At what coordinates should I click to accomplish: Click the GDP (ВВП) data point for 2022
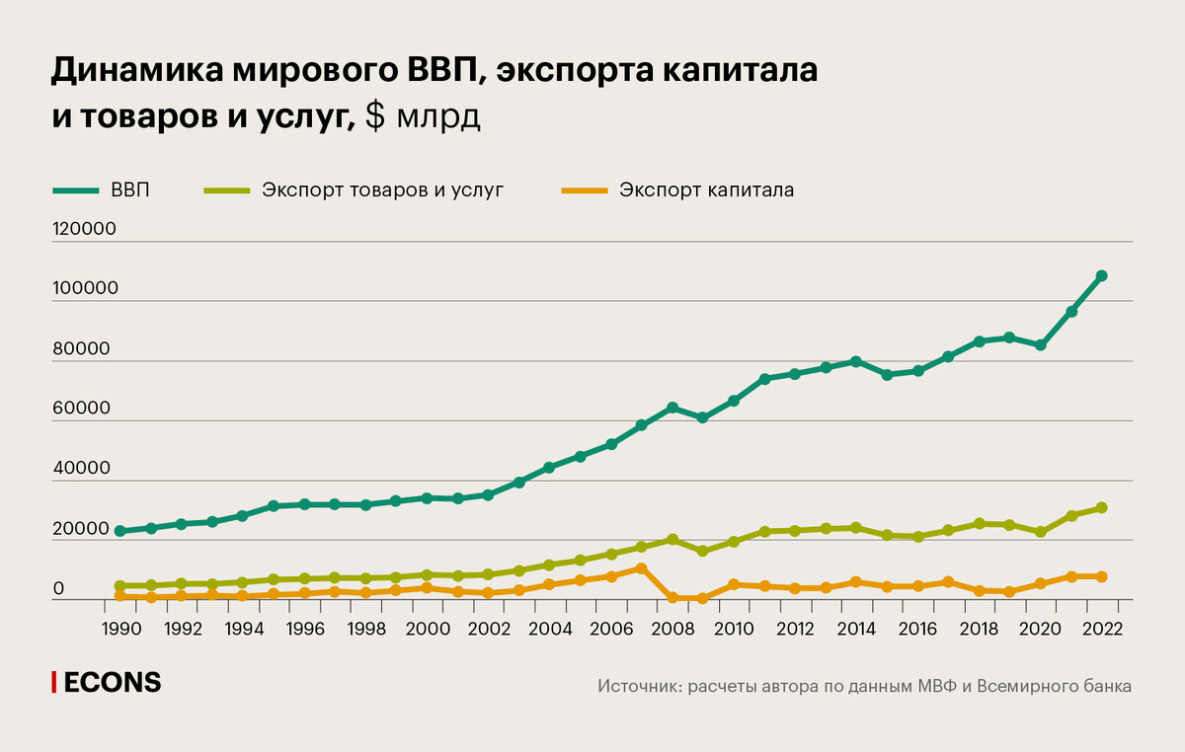click(x=1101, y=276)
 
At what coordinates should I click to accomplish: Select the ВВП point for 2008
click(x=671, y=408)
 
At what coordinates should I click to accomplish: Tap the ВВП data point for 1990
click(x=119, y=531)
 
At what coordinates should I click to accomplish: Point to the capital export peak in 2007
click(x=641, y=568)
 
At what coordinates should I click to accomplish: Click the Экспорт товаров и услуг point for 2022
click(x=1101, y=508)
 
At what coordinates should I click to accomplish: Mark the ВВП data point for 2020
click(x=1040, y=345)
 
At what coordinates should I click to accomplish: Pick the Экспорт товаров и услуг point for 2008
click(x=671, y=540)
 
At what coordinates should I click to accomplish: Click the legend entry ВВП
click(x=130, y=189)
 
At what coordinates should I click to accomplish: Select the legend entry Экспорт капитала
click(x=706, y=189)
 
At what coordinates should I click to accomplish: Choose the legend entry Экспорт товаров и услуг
click(x=382, y=189)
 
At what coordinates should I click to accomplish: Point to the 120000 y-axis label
click(x=84, y=229)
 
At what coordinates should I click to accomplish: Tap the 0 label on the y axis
click(x=58, y=590)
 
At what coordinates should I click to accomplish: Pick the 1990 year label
click(x=119, y=630)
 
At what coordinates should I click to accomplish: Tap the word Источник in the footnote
click(x=637, y=686)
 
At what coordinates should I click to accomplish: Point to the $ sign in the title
click(x=375, y=117)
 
